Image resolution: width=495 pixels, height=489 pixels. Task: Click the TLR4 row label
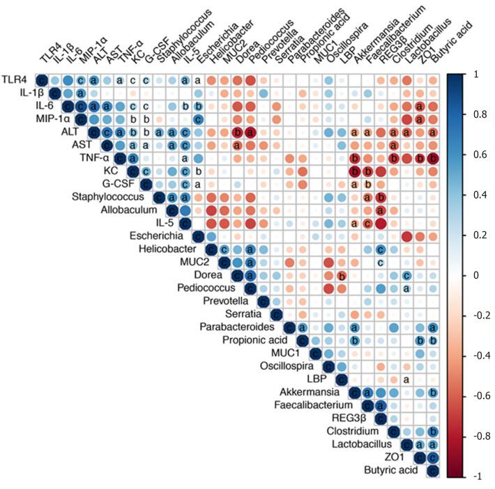tap(15, 80)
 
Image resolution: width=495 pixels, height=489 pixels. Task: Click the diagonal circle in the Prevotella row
tap(263, 301)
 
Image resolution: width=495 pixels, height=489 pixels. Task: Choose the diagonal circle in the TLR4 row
tap(41, 80)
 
